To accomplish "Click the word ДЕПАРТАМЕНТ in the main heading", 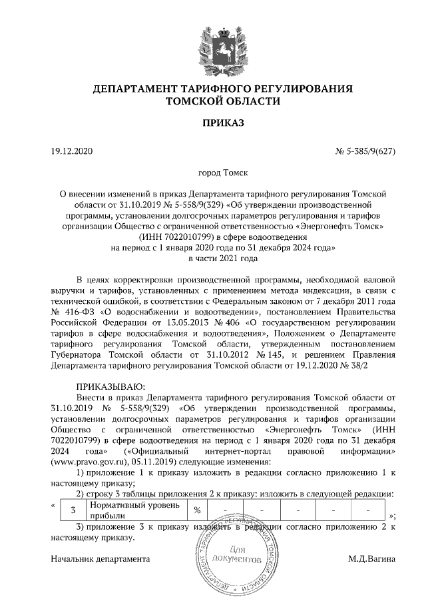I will [x=131, y=89].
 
